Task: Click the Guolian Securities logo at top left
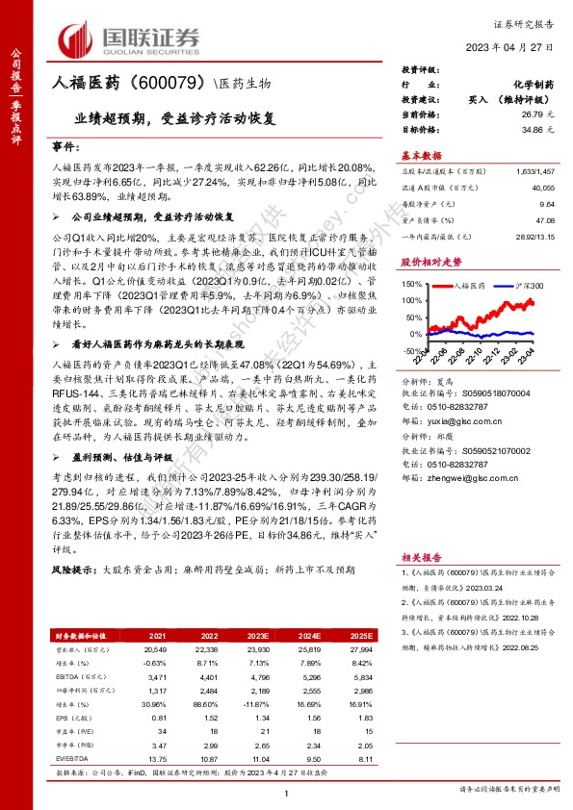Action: point(130,38)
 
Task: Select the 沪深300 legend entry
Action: point(525,286)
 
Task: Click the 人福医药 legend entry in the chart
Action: point(470,286)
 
